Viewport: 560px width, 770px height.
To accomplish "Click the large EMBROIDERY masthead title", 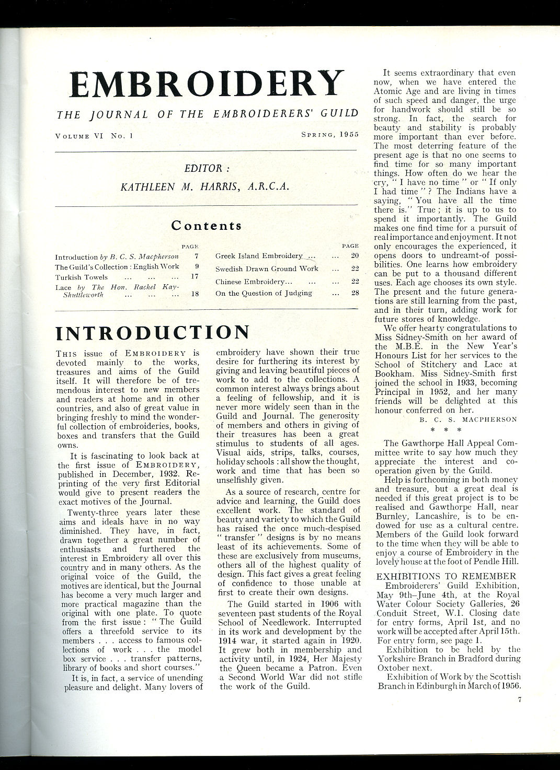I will (x=207, y=84).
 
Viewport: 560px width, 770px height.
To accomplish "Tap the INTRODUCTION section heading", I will (x=152, y=333).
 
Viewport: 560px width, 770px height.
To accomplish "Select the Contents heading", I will (x=207, y=226).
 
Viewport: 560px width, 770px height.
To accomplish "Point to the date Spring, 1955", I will (x=329, y=134).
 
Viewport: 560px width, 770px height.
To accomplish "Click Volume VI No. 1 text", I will (x=94, y=135).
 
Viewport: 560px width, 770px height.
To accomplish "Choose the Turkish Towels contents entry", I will (x=82, y=277).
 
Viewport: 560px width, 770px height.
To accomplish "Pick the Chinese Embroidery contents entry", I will (x=250, y=282).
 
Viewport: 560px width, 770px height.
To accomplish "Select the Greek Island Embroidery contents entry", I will (x=259, y=256).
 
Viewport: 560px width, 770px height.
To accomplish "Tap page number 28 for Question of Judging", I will (x=355, y=293).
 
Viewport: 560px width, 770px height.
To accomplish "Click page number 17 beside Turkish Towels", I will (x=195, y=277).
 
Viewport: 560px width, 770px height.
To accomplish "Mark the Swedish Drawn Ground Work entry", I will (x=267, y=269).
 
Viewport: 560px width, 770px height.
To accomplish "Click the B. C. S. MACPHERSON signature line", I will (x=468, y=419).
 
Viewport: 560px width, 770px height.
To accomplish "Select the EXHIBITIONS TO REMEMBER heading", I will (x=446, y=576).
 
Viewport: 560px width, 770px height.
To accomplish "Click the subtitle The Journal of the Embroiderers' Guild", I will (x=207, y=113).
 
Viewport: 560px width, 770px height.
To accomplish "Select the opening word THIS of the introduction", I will (x=66, y=354).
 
